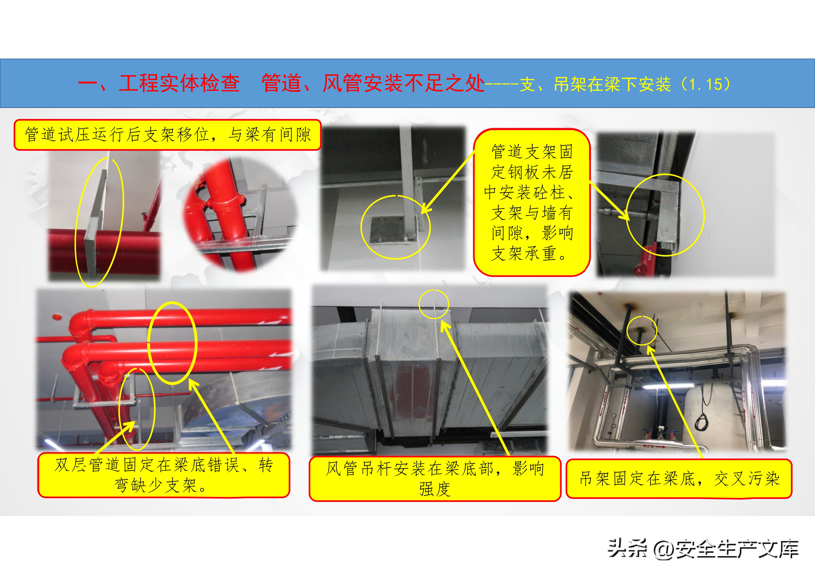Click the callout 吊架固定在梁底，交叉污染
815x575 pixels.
click(x=679, y=479)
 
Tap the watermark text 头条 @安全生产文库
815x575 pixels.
click(x=703, y=549)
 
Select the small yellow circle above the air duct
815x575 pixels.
click(x=434, y=304)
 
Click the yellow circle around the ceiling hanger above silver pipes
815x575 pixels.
click(x=641, y=330)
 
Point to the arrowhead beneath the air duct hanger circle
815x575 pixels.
click(x=444, y=326)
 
